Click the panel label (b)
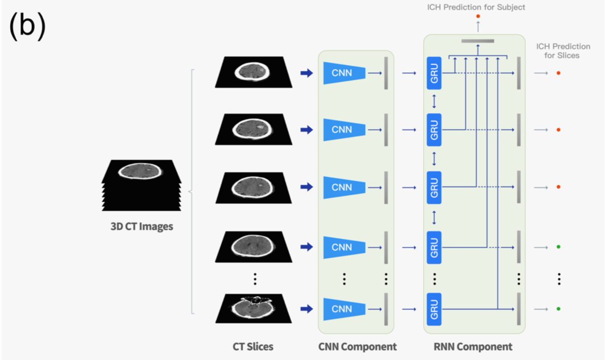point(27,26)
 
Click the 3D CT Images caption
point(142,226)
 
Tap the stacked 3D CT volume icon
point(141,185)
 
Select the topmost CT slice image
point(253,72)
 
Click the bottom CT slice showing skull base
point(253,308)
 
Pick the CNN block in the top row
point(344,73)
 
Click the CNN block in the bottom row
point(344,309)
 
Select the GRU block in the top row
point(434,73)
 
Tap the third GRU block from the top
point(434,187)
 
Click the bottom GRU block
point(434,309)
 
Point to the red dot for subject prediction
point(478,16)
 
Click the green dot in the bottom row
point(558,309)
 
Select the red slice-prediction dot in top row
point(558,73)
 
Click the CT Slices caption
point(253,347)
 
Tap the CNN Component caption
point(357,347)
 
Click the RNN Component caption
point(473,347)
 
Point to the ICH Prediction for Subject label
point(476,7)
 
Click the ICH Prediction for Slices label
point(563,51)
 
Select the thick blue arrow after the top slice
point(307,73)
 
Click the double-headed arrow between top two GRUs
point(434,101)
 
